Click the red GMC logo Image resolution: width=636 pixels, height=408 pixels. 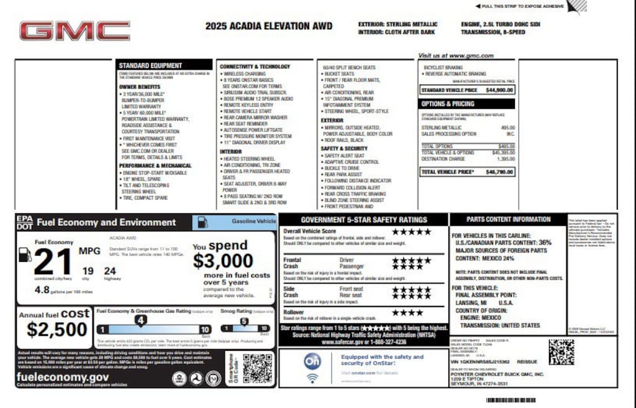pyautogui.click(x=75, y=30)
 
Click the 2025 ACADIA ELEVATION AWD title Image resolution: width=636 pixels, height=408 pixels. pyautogui.click(x=269, y=26)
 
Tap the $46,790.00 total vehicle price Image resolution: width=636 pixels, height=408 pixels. pyautogui.click(x=499, y=172)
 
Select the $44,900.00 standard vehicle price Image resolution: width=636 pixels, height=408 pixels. pyautogui.click(x=499, y=90)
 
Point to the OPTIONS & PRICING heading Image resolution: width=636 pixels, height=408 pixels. pyautogui.click(x=448, y=104)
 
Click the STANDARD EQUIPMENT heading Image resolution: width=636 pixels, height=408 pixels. pyautogui.click(x=150, y=65)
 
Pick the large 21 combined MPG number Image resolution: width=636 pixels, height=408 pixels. pyautogui.click(x=52, y=261)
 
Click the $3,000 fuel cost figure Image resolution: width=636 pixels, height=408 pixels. pyautogui.click(x=222, y=260)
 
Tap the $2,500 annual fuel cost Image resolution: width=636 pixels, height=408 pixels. pyautogui.click(x=57, y=329)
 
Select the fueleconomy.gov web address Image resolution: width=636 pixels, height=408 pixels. pyautogui.click(x=63, y=377)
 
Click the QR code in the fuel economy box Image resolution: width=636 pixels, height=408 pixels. pyautogui.click(x=257, y=368)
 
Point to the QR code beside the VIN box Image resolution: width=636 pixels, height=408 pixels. pyautogui.click(x=561, y=351)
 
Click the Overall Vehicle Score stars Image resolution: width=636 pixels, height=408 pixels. pyautogui.click(x=411, y=231)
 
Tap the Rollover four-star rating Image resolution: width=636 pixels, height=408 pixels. pyautogui.click(x=407, y=313)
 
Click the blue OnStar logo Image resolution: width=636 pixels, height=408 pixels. pyautogui.click(x=312, y=361)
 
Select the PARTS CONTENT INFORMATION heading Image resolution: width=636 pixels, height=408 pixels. pyautogui.click(x=501, y=220)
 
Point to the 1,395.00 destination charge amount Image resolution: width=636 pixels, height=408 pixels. pyautogui.click(x=506, y=159)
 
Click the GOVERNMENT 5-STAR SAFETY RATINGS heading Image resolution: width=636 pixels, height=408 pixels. pyautogui.click(x=363, y=220)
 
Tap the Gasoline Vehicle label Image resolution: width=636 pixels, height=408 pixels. pyautogui.click(x=253, y=221)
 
